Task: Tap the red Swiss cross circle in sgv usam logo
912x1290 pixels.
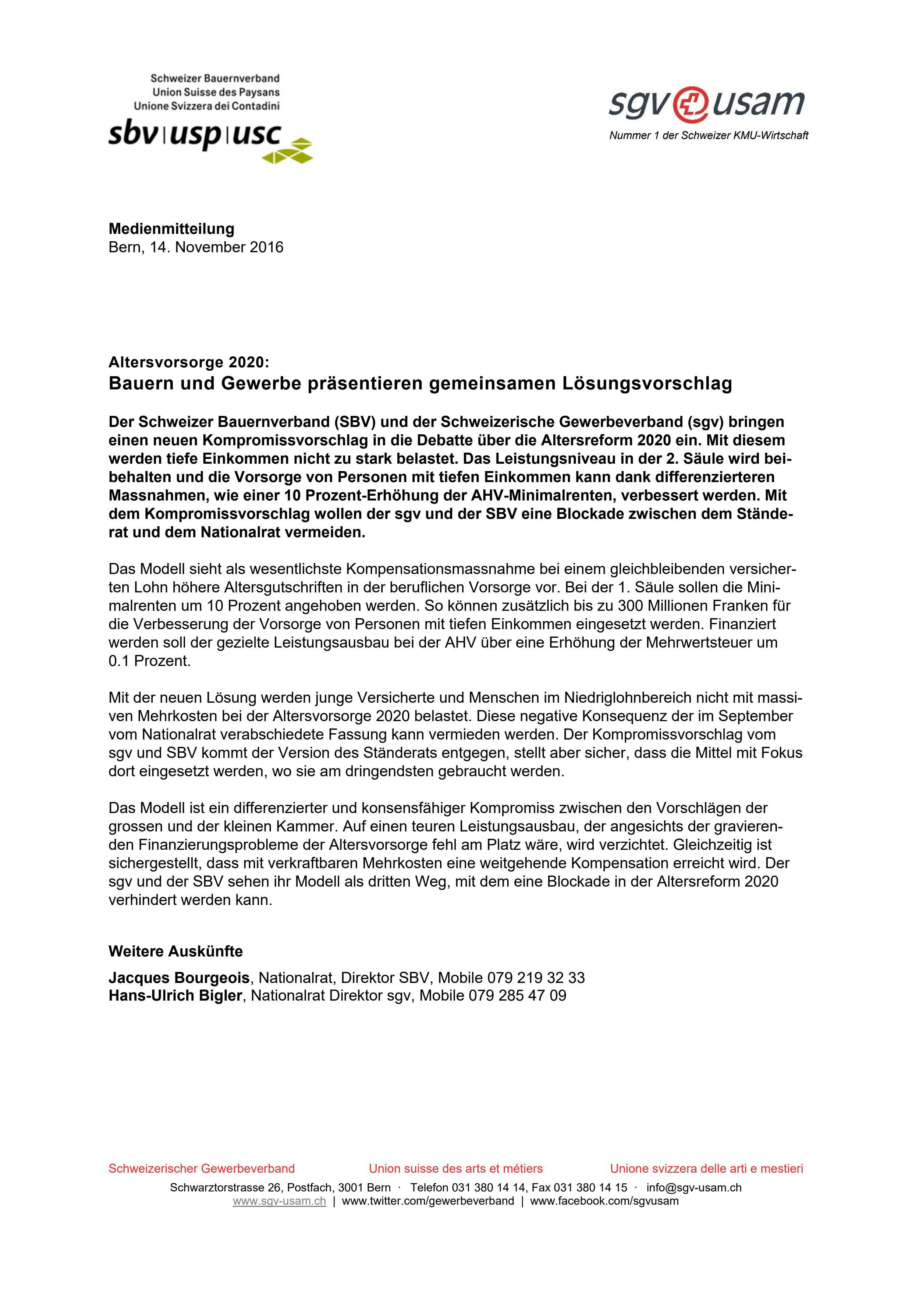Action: [x=689, y=104]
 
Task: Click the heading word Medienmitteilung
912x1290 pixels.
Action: [x=171, y=229]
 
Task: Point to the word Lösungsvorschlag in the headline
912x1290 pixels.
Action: [x=647, y=384]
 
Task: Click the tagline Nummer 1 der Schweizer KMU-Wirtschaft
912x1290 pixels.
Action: [x=709, y=135]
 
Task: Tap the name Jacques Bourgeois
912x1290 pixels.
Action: [x=179, y=978]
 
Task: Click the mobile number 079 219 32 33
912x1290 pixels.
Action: [x=536, y=978]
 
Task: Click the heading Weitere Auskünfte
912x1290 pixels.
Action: [x=175, y=951]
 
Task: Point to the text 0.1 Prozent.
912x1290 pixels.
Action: [x=149, y=661]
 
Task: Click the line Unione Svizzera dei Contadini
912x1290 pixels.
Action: [x=206, y=106]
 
